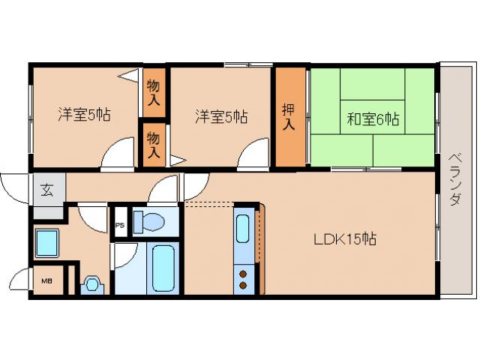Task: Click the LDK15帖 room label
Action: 345,239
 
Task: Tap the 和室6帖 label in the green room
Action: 373,119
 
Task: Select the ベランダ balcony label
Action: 455,179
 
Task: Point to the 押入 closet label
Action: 288,117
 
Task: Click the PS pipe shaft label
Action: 120,225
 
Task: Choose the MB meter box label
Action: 46,280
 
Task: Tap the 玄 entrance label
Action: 47,190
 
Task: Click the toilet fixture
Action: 149,221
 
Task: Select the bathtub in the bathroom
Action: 163,268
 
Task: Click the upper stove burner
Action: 243,274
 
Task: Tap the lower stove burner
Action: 243,286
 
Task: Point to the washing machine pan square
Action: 46,243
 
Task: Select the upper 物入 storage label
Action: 153,92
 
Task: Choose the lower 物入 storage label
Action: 153,145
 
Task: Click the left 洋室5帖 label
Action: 84,115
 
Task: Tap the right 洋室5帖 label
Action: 221,117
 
